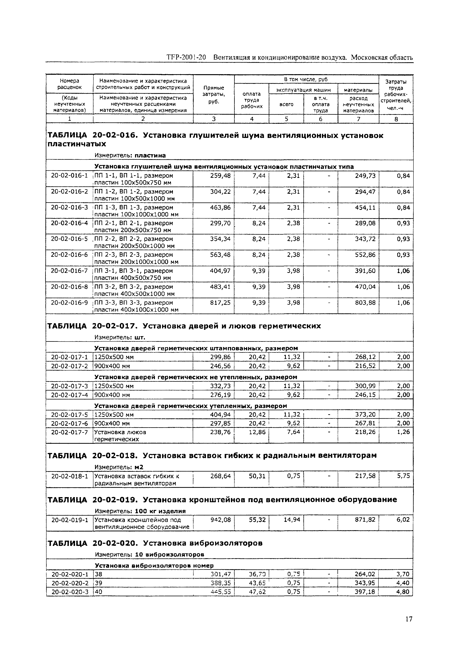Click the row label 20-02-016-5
[x=69, y=239]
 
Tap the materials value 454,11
[x=365, y=207]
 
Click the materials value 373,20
[x=365, y=414]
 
